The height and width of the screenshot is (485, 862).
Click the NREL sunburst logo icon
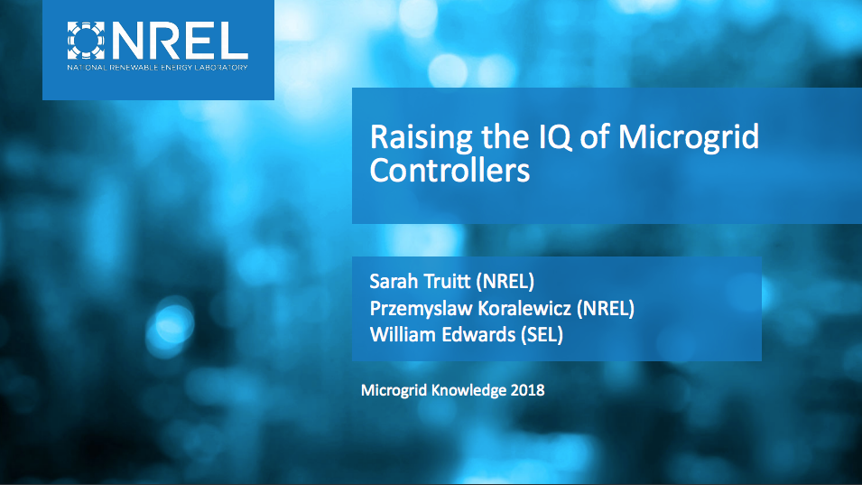[x=87, y=40]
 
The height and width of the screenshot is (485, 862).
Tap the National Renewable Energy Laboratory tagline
[x=157, y=68]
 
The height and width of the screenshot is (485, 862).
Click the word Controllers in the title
[x=450, y=171]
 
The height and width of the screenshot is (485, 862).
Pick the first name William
[x=401, y=335]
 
